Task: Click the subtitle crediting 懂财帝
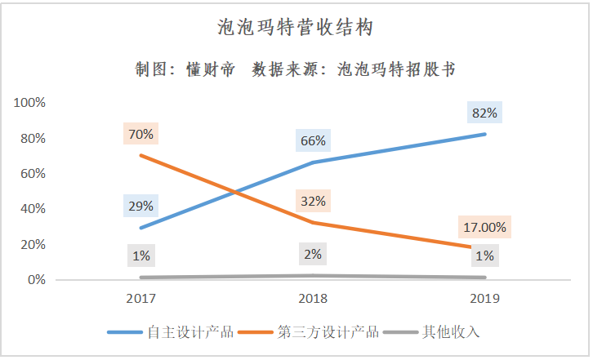pyautogui.click(x=296, y=69)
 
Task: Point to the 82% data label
pyautogui.click(x=484, y=113)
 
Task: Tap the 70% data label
pyautogui.click(x=140, y=134)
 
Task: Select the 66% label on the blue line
pyautogui.click(x=313, y=140)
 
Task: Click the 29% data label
pyautogui.click(x=140, y=206)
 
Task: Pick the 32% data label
pyautogui.click(x=313, y=201)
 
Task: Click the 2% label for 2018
pyautogui.click(x=313, y=254)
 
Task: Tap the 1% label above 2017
pyautogui.click(x=140, y=256)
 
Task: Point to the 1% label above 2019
pyautogui.click(x=484, y=256)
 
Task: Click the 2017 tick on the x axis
pyautogui.click(x=140, y=298)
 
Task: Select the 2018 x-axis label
pyautogui.click(x=313, y=298)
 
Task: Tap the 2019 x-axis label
pyautogui.click(x=484, y=298)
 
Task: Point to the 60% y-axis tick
pyautogui.click(x=32, y=174)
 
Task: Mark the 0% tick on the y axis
pyautogui.click(x=35, y=280)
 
